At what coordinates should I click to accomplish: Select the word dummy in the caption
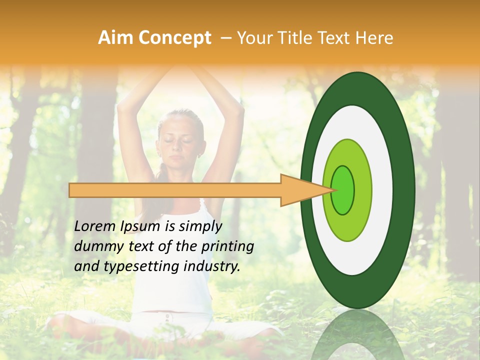[95, 246]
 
